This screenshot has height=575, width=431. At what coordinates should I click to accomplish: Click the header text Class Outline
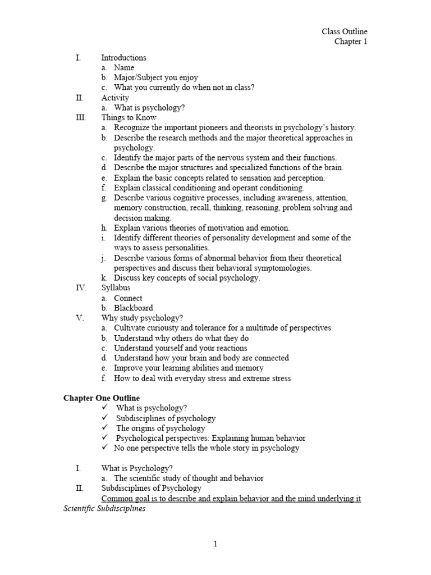[x=345, y=32]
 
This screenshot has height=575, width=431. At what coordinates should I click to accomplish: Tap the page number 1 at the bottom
[x=215, y=543]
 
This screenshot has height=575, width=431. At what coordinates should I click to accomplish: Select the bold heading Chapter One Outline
[x=102, y=398]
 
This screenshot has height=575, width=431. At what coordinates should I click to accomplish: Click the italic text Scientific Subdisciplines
[x=104, y=508]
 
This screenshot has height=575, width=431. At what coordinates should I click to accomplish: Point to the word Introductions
[x=123, y=57]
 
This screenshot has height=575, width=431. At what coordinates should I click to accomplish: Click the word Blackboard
[x=133, y=308]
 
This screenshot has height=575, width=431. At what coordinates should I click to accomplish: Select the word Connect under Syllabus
[x=128, y=298]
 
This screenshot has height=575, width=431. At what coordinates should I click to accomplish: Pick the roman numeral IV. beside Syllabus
[x=81, y=288]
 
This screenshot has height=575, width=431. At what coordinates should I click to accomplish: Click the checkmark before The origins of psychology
[x=104, y=428]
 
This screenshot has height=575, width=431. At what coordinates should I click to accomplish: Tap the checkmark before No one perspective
[x=104, y=448]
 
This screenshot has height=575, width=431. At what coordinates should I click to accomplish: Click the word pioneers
[x=218, y=127]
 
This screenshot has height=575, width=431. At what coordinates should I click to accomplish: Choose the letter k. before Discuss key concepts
[x=104, y=278]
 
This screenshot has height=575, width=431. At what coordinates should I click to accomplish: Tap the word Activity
[x=115, y=98]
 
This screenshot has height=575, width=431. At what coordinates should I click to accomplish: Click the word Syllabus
[x=116, y=288]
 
